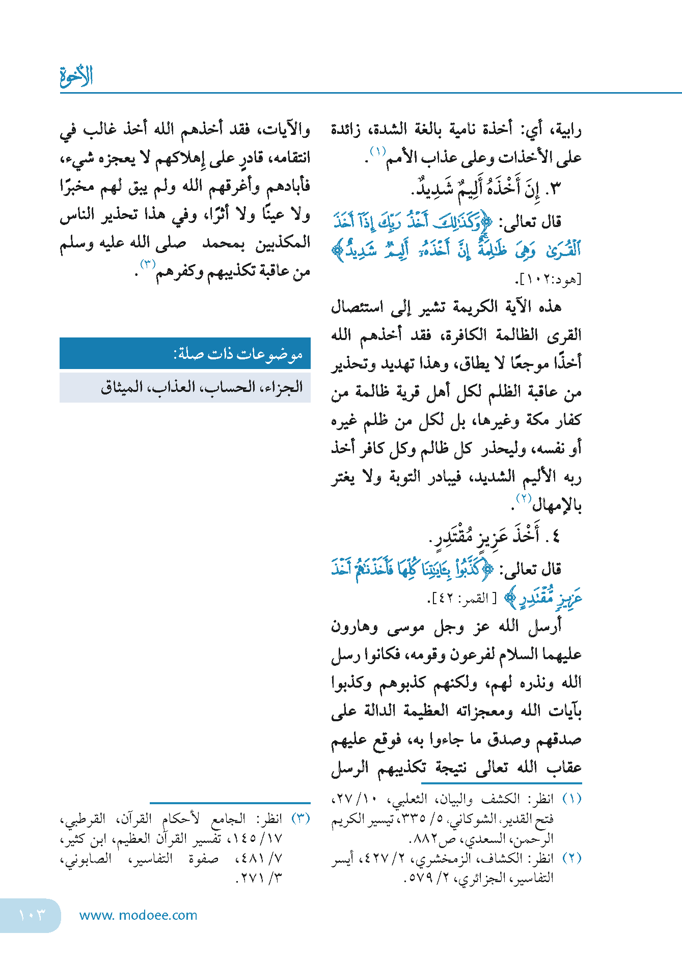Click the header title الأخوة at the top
pyautogui.click(x=76, y=76)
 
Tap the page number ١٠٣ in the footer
pyautogui.click(x=32, y=915)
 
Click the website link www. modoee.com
pyautogui.click(x=138, y=915)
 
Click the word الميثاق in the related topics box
pyautogui.click(x=122, y=387)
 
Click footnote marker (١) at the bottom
pyautogui.click(x=571, y=799)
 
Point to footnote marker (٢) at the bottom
pyautogui.click(x=571, y=858)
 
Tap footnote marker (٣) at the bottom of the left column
pyautogui.click(x=301, y=818)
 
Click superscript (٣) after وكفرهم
pyautogui.click(x=148, y=265)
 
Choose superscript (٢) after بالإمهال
pyautogui.click(x=524, y=498)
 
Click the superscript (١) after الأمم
pyautogui.click(x=377, y=151)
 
